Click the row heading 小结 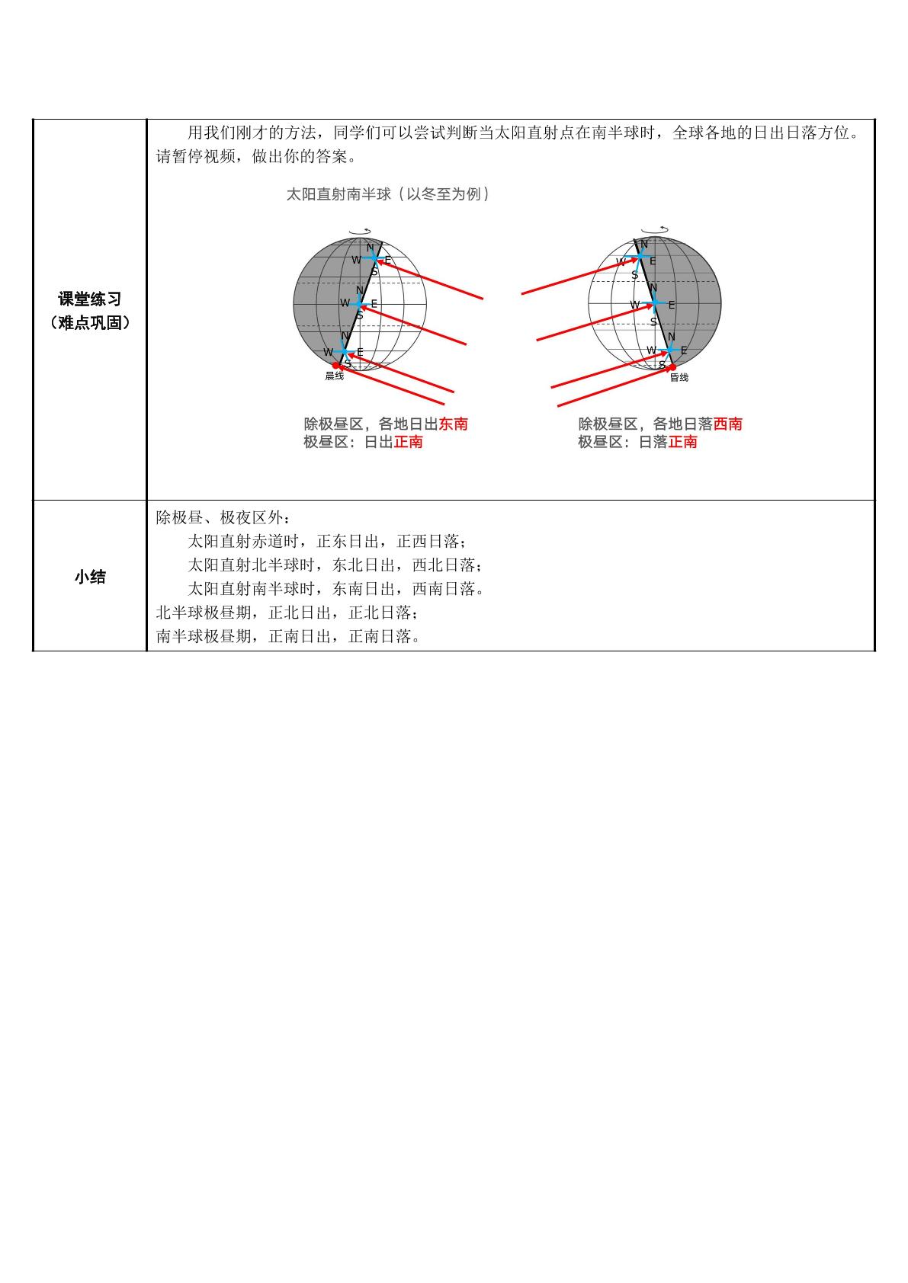[90, 577]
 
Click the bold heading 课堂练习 [90, 299]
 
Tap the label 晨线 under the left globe [334, 376]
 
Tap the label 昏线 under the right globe [679, 377]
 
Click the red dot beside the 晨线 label [336, 366]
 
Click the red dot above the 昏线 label [672, 367]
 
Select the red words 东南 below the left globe [454, 424]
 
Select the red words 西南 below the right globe [728, 424]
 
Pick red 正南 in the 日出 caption [408, 442]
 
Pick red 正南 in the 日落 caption [683, 442]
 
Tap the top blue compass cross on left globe [374, 258]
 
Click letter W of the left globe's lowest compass [328, 352]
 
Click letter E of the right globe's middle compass [672, 306]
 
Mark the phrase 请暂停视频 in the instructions [195, 156]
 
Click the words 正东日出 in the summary [348, 541]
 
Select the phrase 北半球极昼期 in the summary [204, 613]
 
